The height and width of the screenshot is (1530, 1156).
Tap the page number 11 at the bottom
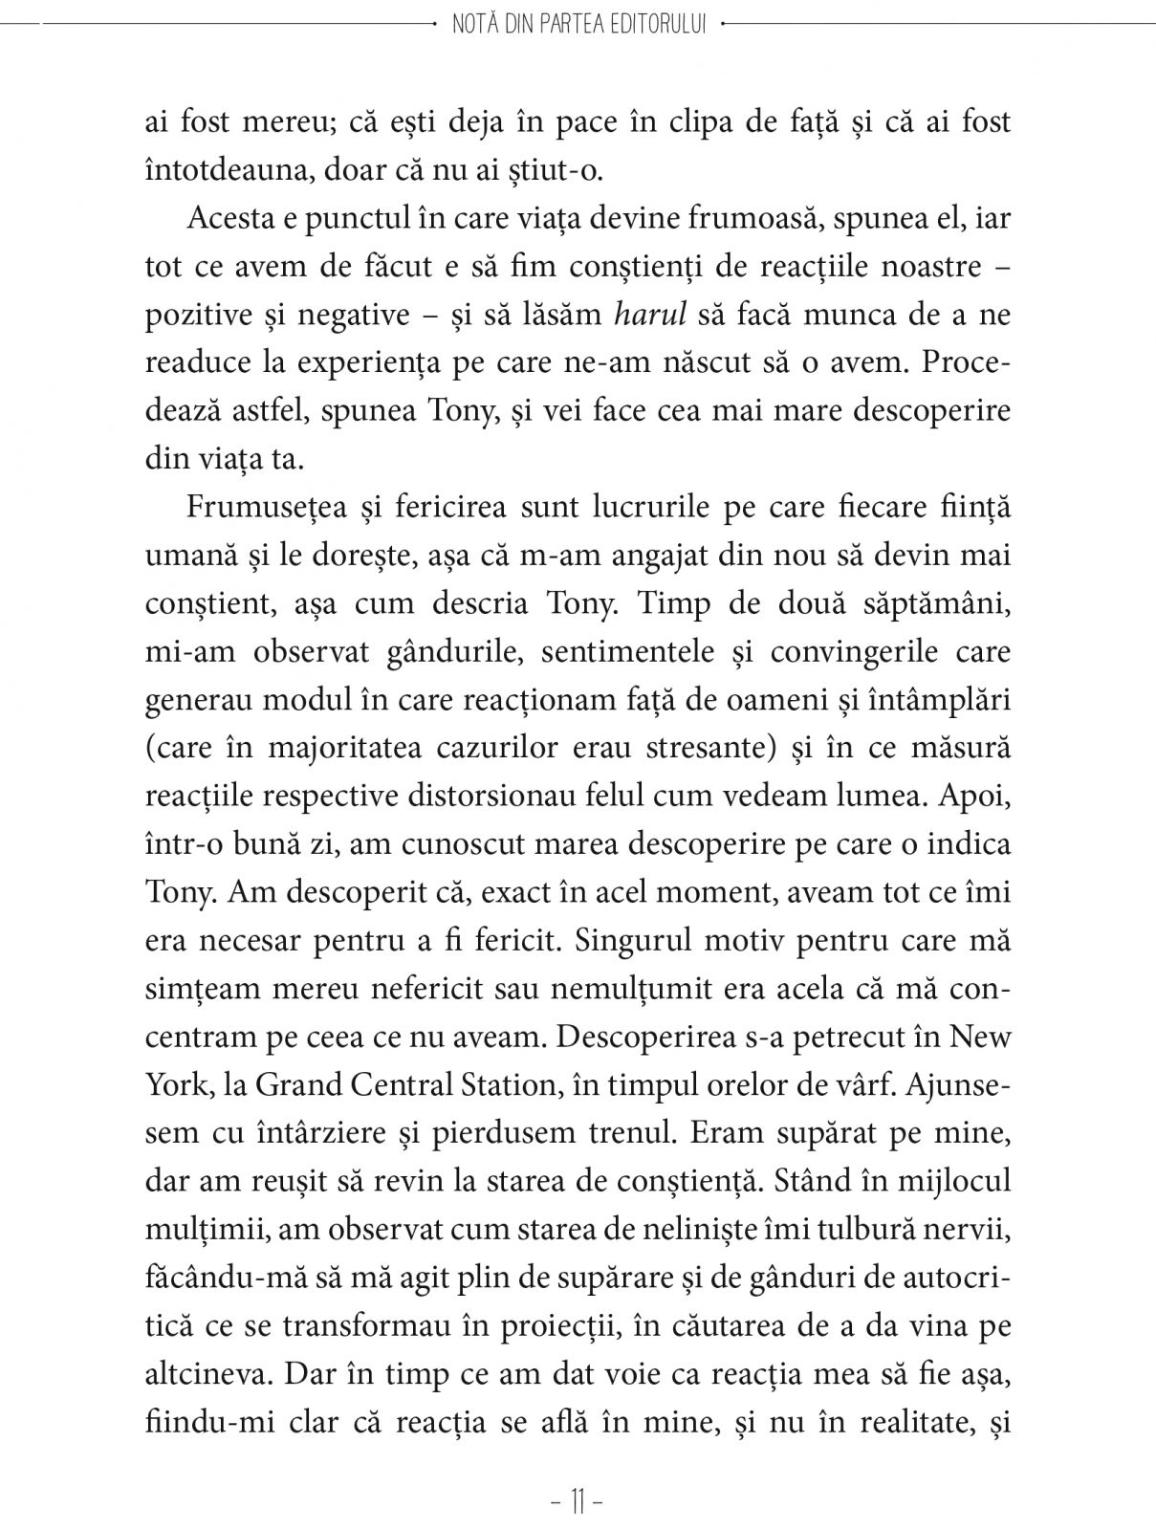pos(578,1502)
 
